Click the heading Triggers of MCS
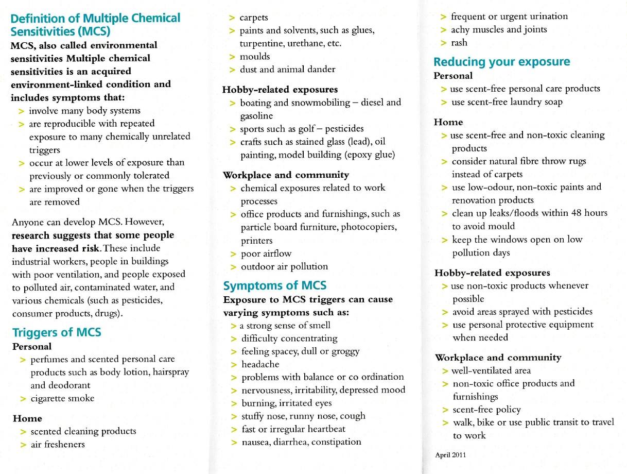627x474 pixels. click(57, 332)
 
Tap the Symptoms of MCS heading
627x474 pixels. click(274, 285)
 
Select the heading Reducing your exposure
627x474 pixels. click(501, 62)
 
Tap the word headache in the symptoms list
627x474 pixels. click(260, 364)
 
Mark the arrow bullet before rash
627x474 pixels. click(443, 43)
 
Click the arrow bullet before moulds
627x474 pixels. click(233, 56)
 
